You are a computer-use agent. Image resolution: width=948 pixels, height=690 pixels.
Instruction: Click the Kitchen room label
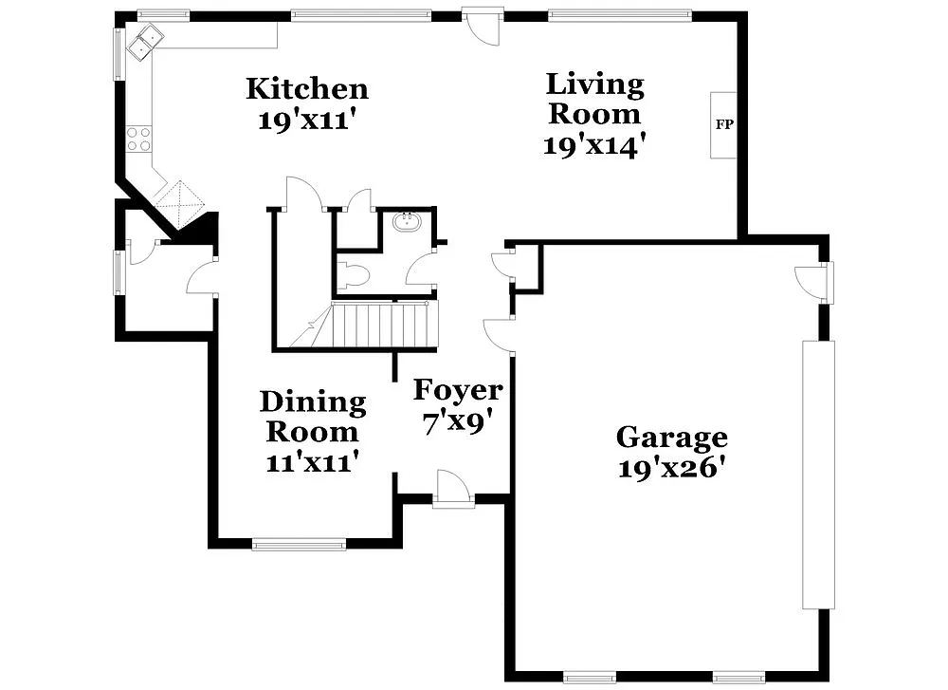click(306, 89)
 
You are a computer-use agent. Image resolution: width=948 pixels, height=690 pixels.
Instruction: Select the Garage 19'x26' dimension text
click(671, 468)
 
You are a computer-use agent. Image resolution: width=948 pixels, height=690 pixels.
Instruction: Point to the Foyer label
click(458, 390)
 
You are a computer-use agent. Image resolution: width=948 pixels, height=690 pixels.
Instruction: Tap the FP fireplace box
click(723, 124)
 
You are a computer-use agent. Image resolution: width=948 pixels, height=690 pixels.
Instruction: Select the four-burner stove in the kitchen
click(139, 139)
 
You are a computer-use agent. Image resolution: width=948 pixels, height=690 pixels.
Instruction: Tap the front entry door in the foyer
click(452, 490)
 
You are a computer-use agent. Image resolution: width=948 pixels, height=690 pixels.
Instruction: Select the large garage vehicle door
click(819, 475)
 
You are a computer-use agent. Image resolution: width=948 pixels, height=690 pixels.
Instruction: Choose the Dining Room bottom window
click(300, 544)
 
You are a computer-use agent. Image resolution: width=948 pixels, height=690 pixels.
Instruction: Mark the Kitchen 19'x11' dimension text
click(306, 121)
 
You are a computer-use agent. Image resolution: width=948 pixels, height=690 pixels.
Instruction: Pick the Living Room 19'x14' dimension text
click(594, 145)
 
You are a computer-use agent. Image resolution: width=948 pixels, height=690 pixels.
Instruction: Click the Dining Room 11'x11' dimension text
click(312, 462)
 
